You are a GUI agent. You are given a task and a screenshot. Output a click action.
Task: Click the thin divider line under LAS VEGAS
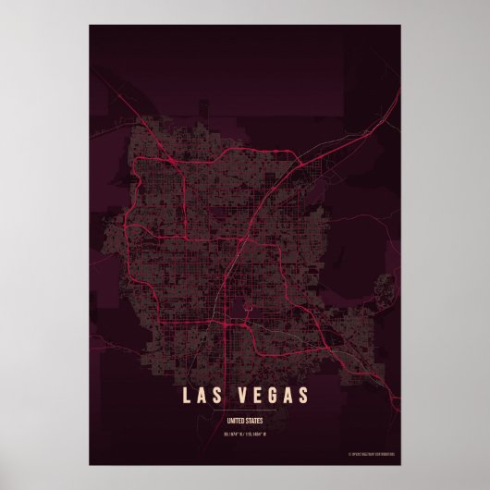click(244, 413)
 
